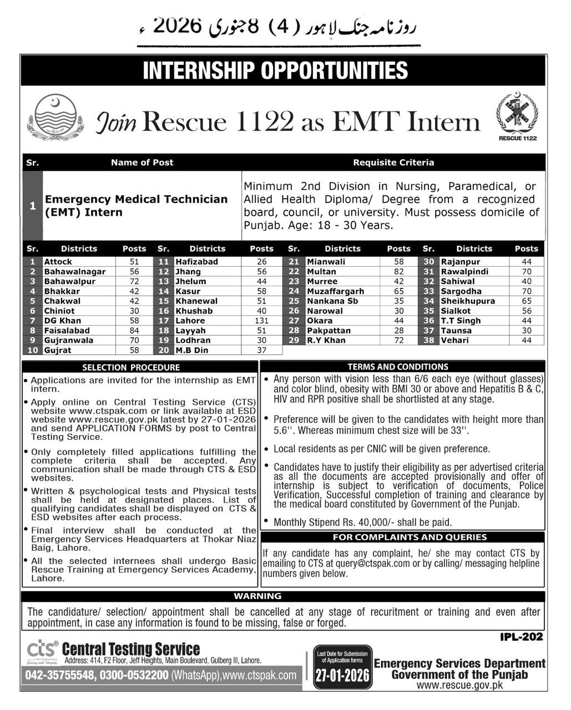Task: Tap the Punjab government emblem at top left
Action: click(x=54, y=117)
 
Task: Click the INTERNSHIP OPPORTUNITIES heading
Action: click(x=275, y=71)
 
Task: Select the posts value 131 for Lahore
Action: click(x=261, y=321)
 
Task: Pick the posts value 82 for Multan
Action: click(x=398, y=272)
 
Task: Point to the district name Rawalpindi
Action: click(x=464, y=272)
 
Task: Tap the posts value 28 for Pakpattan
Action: click(x=398, y=331)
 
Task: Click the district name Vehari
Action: click(x=454, y=341)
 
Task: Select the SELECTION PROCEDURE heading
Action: click(x=131, y=367)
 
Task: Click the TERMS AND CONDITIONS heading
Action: click(x=398, y=367)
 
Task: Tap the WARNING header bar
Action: click(x=257, y=596)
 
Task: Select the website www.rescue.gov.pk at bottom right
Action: click(x=459, y=685)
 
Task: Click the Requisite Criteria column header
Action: click(x=393, y=163)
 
